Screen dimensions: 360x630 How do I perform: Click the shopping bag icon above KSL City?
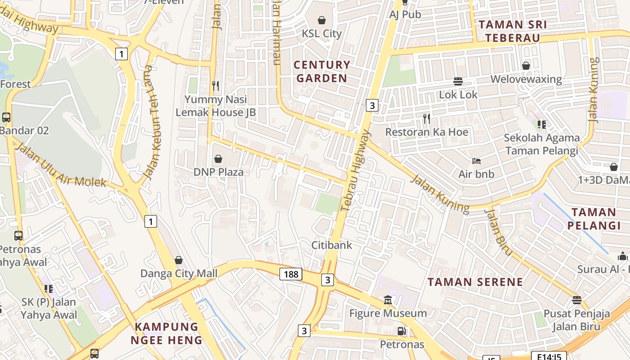322,20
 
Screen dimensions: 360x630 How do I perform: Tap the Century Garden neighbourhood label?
322,72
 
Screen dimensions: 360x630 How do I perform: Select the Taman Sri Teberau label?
513,31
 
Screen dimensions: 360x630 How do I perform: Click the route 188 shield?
291,274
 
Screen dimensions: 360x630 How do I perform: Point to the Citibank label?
332,245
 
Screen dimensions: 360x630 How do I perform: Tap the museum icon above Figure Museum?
388,300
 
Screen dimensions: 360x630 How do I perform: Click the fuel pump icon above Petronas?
401,331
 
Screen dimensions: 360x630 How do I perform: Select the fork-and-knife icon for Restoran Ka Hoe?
427,119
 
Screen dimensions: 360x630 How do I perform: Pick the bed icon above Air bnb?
477,161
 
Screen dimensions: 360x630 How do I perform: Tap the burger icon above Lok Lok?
458,81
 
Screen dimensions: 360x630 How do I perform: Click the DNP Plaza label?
218,172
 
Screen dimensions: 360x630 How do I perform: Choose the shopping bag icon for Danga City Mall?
179,260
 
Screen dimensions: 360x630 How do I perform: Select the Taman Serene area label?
475,282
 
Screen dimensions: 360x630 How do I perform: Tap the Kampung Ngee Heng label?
166,333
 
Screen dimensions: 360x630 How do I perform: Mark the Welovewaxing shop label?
526,79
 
